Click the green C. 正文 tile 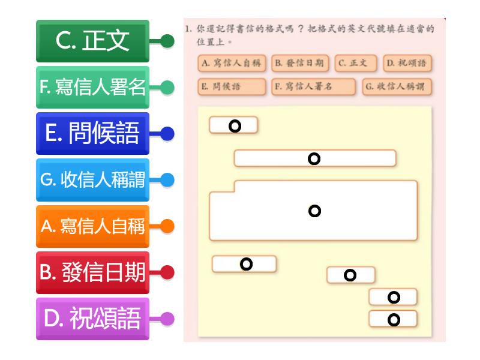[x=92, y=41]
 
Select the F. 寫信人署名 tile [x=92, y=87]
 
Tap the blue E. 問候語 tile [x=92, y=133]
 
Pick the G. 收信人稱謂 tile [x=92, y=179]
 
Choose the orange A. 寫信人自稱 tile [x=92, y=226]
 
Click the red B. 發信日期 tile [x=92, y=272]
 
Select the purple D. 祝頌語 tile [x=92, y=319]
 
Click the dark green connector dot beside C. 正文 [x=167, y=41]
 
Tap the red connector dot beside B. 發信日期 [x=167, y=272]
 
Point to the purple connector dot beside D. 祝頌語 [x=167, y=319]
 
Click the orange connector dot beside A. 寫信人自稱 [x=167, y=226]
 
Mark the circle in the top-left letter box [x=235, y=126]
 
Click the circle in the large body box [x=314, y=211]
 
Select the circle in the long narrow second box [x=314, y=159]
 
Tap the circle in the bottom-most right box [x=394, y=320]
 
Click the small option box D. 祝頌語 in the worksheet [x=407, y=64]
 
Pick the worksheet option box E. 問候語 [x=232, y=86]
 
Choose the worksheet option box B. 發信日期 [x=300, y=64]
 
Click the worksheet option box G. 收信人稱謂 [x=397, y=86]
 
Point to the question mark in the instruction [x=301, y=29]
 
